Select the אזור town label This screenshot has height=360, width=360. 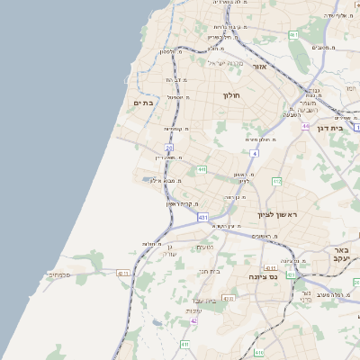coord(260,67)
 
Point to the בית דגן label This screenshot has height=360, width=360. coord(332,129)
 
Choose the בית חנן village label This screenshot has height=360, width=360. coord(210,270)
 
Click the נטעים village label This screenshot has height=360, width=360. coord(204,247)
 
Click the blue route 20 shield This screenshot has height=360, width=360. coord(168,147)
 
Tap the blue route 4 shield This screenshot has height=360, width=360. coord(254,153)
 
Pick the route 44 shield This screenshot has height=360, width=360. coord(306,126)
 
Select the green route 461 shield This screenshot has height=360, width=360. coord(293,34)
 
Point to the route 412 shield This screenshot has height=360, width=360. coord(277,182)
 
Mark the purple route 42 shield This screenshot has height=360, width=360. coord(193,320)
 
